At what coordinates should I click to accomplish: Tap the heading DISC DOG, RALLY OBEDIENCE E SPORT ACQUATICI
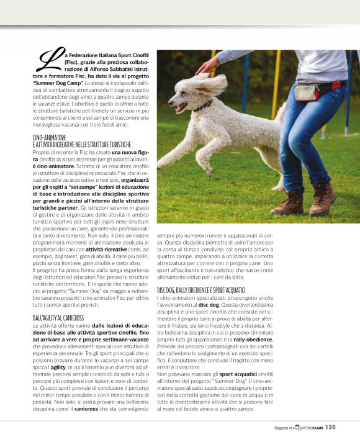click(210, 290)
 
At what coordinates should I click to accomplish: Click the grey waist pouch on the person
click(307, 92)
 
